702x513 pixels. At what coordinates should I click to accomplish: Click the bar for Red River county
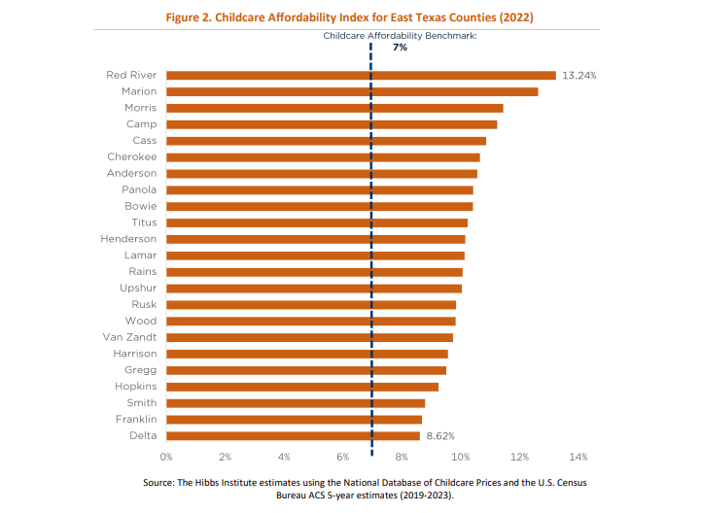point(361,75)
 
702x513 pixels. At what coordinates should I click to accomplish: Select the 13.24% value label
point(579,75)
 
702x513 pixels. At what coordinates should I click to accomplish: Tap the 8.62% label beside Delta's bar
point(439,435)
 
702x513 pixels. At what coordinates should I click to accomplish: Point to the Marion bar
point(352,91)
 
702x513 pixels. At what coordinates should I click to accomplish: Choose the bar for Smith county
point(296,402)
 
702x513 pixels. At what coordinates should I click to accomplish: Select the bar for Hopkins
point(302,386)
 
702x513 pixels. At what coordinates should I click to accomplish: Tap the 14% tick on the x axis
point(579,456)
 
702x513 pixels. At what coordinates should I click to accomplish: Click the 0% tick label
point(166,456)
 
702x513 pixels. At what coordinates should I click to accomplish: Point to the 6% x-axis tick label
point(343,456)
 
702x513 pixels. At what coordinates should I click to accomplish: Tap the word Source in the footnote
point(160,482)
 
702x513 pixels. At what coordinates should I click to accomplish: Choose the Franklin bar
point(294,419)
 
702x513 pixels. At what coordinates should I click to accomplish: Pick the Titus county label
point(144,222)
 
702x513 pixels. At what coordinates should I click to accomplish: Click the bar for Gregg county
point(306,369)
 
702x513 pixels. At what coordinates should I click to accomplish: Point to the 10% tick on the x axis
point(461,456)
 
